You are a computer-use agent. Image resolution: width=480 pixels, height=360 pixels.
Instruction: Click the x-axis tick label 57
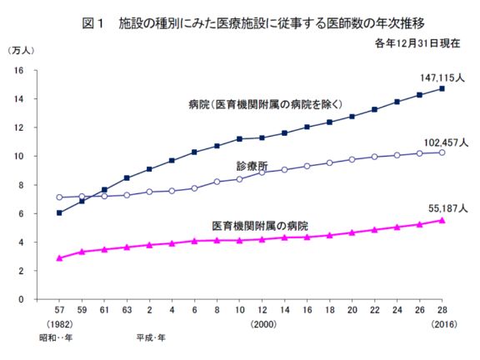(59, 311)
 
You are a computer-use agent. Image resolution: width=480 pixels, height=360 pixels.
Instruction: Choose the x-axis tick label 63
(126, 311)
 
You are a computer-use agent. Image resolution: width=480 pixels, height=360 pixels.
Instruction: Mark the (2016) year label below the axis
(440, 323)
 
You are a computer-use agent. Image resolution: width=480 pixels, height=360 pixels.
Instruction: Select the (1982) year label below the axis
(59, 323)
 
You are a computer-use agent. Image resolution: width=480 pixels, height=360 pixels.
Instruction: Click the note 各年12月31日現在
(417, 42)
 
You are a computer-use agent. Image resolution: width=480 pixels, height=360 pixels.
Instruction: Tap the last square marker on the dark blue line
(441, 88)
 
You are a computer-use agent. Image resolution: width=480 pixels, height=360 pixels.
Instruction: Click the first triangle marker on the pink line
(59, 258)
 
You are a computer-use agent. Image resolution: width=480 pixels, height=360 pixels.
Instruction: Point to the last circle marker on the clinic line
(441, 152)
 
